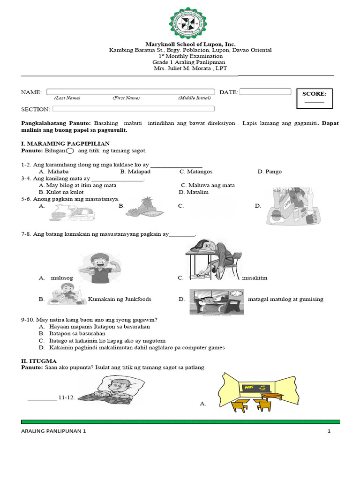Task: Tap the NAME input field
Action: click(130, 92)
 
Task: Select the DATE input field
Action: click(265, 92)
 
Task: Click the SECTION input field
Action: click(133, 109)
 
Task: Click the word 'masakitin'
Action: click(255, 278)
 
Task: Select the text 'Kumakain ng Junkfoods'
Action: click(120, 299)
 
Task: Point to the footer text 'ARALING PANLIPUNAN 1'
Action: click(54, 432)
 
